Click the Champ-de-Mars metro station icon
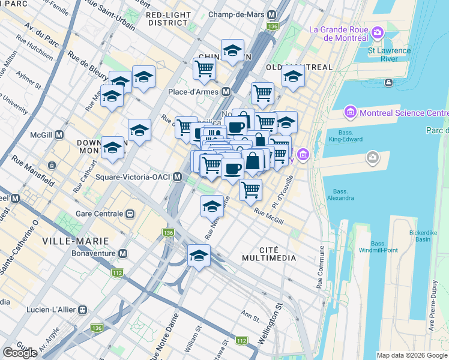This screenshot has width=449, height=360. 272,14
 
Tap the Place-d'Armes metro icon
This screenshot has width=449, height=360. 226,92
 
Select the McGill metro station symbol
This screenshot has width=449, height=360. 59,135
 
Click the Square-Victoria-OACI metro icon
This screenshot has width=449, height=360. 177,177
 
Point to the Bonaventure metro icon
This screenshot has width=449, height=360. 122,254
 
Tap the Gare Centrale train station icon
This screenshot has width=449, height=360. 129,214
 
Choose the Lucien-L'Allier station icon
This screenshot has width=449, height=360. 82,310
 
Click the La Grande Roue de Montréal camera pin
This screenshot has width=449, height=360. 378,31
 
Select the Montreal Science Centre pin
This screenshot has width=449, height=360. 349,112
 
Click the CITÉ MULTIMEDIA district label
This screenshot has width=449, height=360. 269,253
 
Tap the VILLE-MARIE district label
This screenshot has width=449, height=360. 76,241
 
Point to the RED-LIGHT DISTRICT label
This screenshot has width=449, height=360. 168,19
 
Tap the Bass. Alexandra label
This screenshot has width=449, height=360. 340,194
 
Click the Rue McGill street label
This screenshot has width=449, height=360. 268,216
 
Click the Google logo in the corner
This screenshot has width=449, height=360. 19,353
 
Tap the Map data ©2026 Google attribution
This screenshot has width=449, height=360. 412,355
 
